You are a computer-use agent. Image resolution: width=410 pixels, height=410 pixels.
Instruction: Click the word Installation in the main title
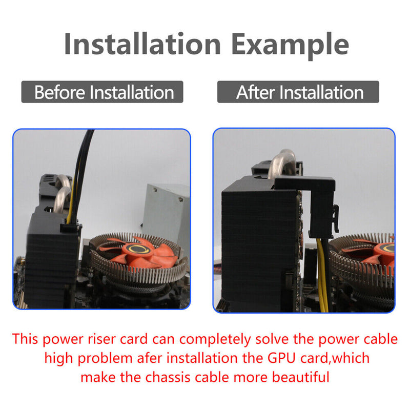142,44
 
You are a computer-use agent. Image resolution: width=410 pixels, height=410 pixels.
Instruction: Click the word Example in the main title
290,46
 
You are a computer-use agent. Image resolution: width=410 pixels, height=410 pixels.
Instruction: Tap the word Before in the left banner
59,92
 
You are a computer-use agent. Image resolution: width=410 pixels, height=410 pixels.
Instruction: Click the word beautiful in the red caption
300,377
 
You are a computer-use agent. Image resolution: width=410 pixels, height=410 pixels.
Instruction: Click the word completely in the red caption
215,340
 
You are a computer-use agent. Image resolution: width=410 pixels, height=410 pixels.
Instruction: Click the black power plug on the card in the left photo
70,228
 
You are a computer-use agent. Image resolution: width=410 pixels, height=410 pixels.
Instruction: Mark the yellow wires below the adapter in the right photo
323,275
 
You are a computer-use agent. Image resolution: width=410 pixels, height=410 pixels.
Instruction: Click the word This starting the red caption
25,339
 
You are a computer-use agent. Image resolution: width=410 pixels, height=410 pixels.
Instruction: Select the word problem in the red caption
105,359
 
